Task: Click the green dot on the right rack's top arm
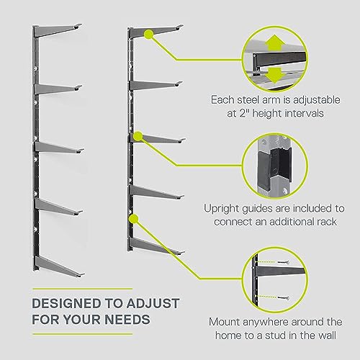click(148, 33)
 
